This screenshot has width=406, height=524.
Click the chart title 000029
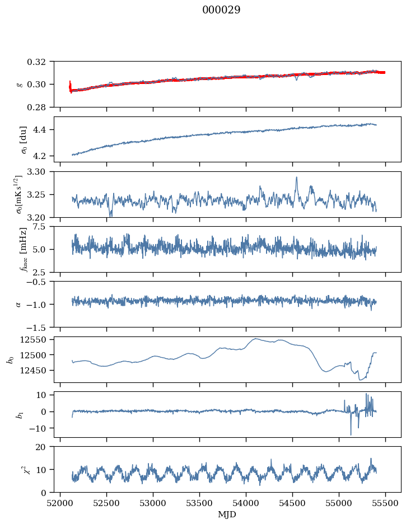click(x=221, y=10)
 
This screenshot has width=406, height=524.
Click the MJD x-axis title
click(x=227, y=514)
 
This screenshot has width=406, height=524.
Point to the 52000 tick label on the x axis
click(x=60, y=503)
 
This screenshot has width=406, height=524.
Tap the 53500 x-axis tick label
click(x=199, y=503)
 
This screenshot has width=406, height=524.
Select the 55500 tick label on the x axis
click(x=385, y=503)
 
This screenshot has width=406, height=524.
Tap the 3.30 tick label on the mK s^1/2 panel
click(x=41, y=172)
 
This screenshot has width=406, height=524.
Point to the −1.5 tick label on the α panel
click(x=39, y=327)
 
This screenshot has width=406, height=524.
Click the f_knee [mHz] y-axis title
click(x=24, y=249)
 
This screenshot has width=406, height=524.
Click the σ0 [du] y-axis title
click(x=24, y=139)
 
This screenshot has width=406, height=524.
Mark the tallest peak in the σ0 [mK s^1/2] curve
click(x=296, y=177)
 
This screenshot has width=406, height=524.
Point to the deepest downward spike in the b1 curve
click(x=351, y=434)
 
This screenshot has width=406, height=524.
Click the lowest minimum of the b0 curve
click(x=361, y=380)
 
